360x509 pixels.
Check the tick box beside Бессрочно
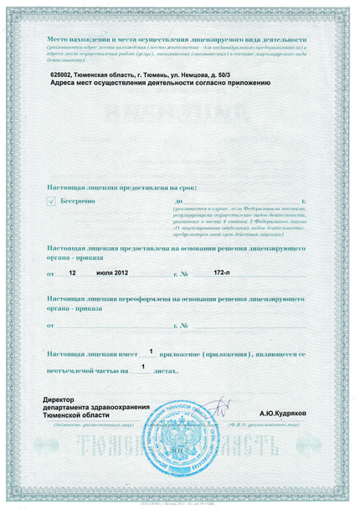click(52, 202)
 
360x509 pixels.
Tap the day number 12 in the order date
click(72, 273)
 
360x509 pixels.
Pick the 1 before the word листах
click(143, 367)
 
